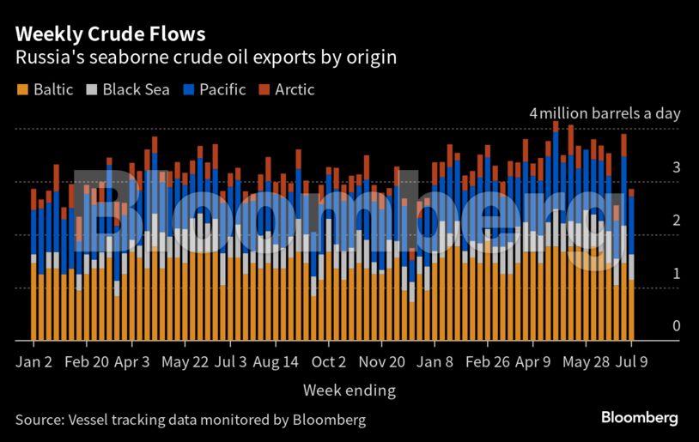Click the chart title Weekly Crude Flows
pos(110,34)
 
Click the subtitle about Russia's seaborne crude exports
pos(204,58)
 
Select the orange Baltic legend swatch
pos(21,89)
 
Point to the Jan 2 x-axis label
pos(33,361)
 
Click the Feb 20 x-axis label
pos(87,361)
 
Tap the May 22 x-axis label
pos(185,361)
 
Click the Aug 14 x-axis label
pos(277,361)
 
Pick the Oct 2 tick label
pos(328,361)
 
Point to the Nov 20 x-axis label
pos(381,361)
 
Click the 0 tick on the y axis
pos(677,326)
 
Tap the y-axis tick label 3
pos(677,167)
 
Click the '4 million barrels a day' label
pos(605,113)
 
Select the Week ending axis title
pos(349,391)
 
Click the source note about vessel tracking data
pos(191,420)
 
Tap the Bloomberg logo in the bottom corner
pos(639,418)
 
